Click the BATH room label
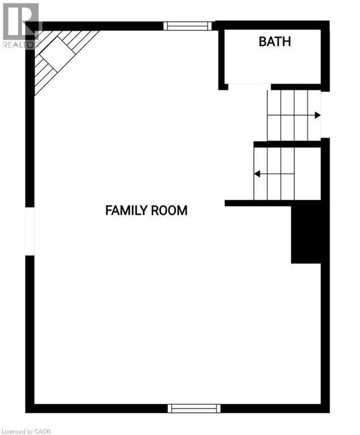[275, 41]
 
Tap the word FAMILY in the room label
[125, 211]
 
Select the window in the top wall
[187, 25]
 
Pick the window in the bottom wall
[194, 408]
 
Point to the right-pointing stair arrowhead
[318, 115]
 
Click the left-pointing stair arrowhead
[257, 173]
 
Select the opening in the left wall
[30, 231]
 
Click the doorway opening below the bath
[249, 86]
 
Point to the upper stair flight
[293, 115]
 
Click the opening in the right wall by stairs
[325, 114]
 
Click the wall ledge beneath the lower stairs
[258, 203]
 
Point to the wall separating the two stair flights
[288, 144]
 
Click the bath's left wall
[222, 57]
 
